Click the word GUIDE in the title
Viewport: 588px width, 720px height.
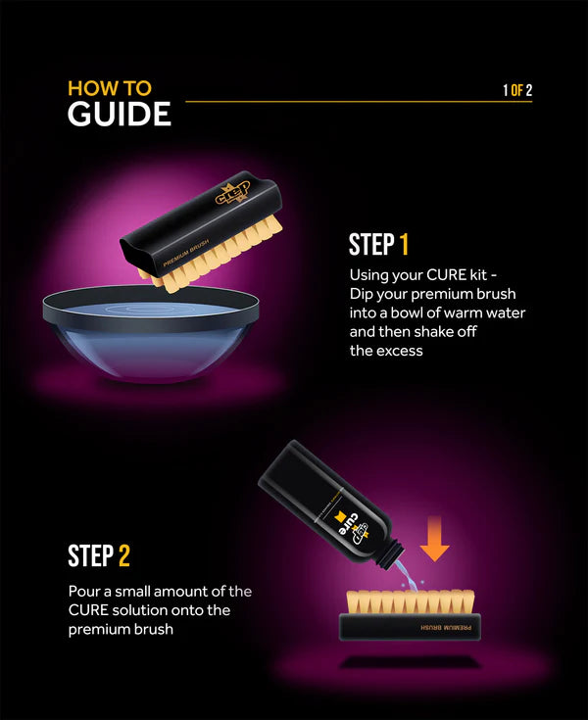point(119,115)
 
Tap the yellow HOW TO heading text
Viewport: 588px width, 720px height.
point(109,87)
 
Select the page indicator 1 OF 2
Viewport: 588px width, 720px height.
point(517,91)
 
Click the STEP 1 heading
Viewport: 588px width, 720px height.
point(378,245)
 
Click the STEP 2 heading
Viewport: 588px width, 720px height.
point(99,556)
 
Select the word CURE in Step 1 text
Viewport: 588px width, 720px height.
point(447,275)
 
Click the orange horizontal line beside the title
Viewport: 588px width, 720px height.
point(333,101)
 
